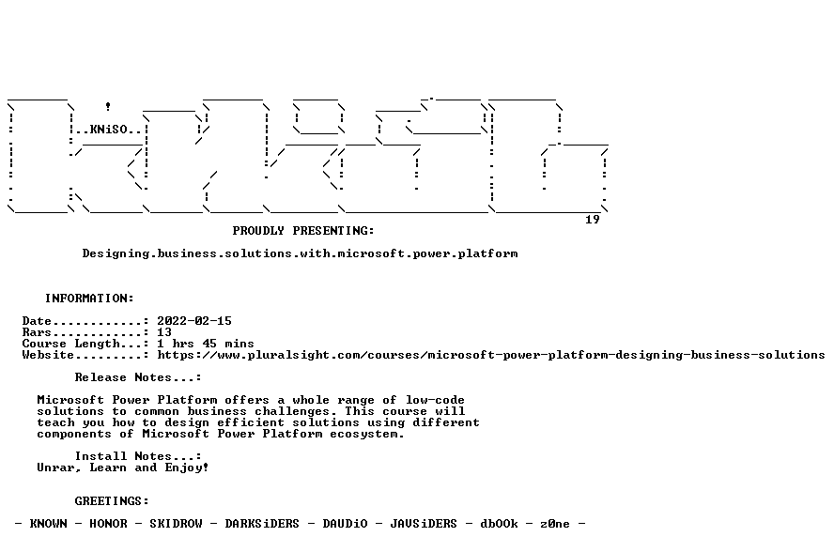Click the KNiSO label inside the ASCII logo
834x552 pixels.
coord(109,130)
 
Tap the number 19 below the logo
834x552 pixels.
coord(593,220)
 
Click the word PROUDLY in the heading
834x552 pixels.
coord(258,231)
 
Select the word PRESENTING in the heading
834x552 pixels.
coord(333,231)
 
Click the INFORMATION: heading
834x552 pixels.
coord(89,299)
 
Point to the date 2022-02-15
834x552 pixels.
coord(194,321)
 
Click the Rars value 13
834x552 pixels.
coord(164,332)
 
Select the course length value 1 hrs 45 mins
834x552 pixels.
coord(206,344)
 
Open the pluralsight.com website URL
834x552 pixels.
coord(491,355)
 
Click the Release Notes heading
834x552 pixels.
coord(138,377)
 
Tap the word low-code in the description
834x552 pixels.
coord(435,400)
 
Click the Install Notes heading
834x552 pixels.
coord(138,456)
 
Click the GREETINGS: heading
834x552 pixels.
coord(112,501)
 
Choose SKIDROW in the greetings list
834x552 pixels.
coord(176,524)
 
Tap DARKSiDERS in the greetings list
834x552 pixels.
coord(262,524)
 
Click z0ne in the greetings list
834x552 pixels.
coord(555,524)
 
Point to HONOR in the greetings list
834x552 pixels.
coord(109,524)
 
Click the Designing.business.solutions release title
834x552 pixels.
coord(300,253)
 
